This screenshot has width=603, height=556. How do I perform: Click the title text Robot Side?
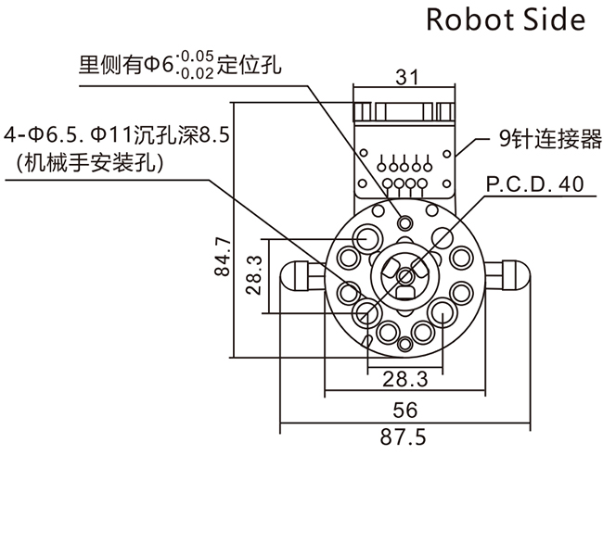(506, 20)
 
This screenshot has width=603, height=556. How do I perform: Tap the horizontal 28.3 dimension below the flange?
(404, 378)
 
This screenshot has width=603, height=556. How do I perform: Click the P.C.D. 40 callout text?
(534, 184)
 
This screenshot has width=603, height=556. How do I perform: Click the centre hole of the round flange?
(404, 275)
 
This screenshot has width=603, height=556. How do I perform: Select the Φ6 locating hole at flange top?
(404, 223)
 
